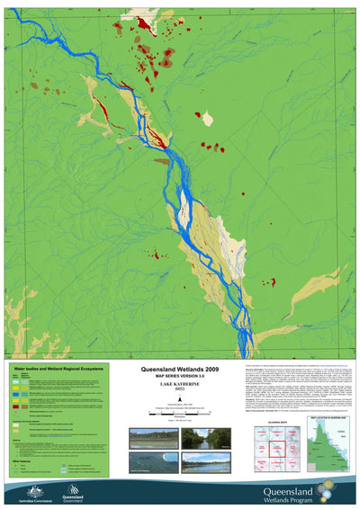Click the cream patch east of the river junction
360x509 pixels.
click(208, 118)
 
